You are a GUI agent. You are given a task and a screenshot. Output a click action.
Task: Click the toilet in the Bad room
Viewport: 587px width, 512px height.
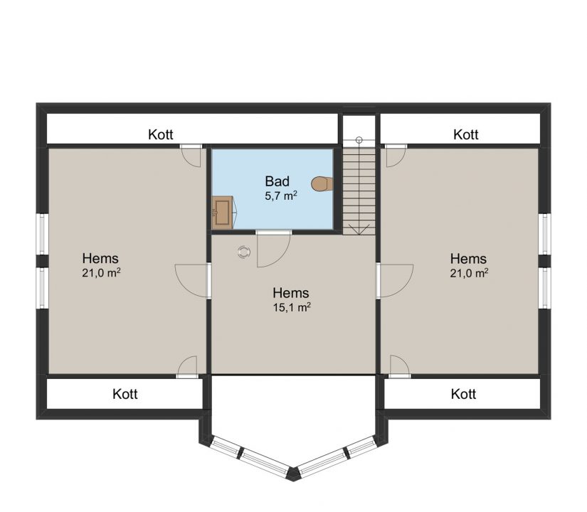(x=321, y=183)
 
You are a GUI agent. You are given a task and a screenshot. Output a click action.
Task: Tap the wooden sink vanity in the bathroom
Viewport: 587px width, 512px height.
(x=223, y=213)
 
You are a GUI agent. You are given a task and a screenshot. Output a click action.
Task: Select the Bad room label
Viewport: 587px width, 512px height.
(x=277, y=181)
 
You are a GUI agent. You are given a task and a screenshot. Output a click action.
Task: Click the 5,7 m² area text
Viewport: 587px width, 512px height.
(x=281, y=196)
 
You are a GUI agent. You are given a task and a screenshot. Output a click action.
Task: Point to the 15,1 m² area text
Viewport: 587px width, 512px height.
(x=292, y=307)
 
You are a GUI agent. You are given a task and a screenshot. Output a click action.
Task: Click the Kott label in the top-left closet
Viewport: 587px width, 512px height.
(x=161, y=134)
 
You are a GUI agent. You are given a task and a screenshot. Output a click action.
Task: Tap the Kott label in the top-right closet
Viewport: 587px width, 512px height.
(x=466, y=134)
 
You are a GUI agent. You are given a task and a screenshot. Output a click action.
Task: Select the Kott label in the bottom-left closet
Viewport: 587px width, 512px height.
(x=125, y=394)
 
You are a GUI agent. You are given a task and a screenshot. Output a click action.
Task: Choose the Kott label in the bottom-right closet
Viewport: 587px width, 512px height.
(x=463, y=394)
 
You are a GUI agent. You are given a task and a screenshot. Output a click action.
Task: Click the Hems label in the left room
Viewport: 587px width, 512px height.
(x=100, y=258)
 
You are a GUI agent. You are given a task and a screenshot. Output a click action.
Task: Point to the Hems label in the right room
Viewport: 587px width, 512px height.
(x=468, y=259)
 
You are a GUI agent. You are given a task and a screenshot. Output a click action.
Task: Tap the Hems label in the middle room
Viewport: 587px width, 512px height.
(x=291, y=293)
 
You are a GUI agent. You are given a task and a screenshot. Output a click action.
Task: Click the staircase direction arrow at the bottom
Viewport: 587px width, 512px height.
(x=359, y=229)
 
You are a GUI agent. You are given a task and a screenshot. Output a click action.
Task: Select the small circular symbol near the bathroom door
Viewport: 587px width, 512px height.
(x=243, y=252)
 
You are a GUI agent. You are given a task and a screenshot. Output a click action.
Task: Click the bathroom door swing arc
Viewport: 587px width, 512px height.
(x=282, y=258)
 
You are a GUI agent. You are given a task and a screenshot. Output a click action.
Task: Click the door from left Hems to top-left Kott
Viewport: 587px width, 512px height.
(x=191, y=157)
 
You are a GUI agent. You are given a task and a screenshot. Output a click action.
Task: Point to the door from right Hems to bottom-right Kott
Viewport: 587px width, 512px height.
(x=399, y=365)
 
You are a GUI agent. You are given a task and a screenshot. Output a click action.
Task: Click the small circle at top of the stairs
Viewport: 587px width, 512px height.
(x=359, y=140)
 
